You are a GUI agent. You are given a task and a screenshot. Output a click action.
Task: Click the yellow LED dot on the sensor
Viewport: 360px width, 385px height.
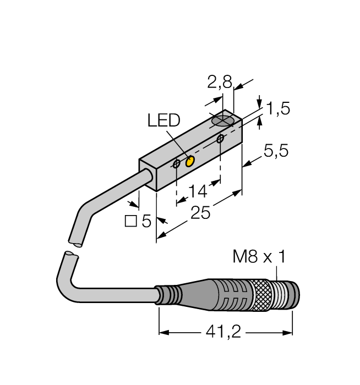tap(190, 162)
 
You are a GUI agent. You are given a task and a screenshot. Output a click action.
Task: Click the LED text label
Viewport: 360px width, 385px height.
tap(163, 120)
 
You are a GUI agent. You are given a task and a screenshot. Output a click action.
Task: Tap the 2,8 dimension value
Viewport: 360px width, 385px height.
tap(220, 82)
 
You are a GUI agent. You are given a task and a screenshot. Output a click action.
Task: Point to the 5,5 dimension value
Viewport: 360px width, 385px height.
tap(276, 151)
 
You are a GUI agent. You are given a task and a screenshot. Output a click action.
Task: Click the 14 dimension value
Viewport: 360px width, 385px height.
tap(198, 191)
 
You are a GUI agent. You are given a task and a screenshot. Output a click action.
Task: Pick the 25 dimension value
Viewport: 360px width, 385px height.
tap(200, 212)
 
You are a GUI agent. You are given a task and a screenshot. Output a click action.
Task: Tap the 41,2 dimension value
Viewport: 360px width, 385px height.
tap(223, 332)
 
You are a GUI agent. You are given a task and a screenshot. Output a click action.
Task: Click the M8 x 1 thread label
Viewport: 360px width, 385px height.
tap(259, 257)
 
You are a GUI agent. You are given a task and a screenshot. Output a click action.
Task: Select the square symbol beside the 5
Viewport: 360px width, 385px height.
tap(130, 221)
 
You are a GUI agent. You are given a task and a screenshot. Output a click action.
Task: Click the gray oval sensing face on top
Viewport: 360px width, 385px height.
tap(222, 121)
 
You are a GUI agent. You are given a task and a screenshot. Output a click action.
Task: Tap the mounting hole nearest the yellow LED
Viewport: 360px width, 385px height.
tap(177, 164)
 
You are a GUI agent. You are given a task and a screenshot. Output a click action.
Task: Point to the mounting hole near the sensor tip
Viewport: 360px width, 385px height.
tap(220, 139)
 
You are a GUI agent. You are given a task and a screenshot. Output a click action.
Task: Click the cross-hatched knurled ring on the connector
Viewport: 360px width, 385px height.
tap(261, 296)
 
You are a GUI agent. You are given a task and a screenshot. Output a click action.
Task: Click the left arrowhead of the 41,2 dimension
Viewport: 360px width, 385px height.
tap(164, 333)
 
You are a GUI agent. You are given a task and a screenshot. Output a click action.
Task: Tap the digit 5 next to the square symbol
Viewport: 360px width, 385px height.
tap(146, 221)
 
